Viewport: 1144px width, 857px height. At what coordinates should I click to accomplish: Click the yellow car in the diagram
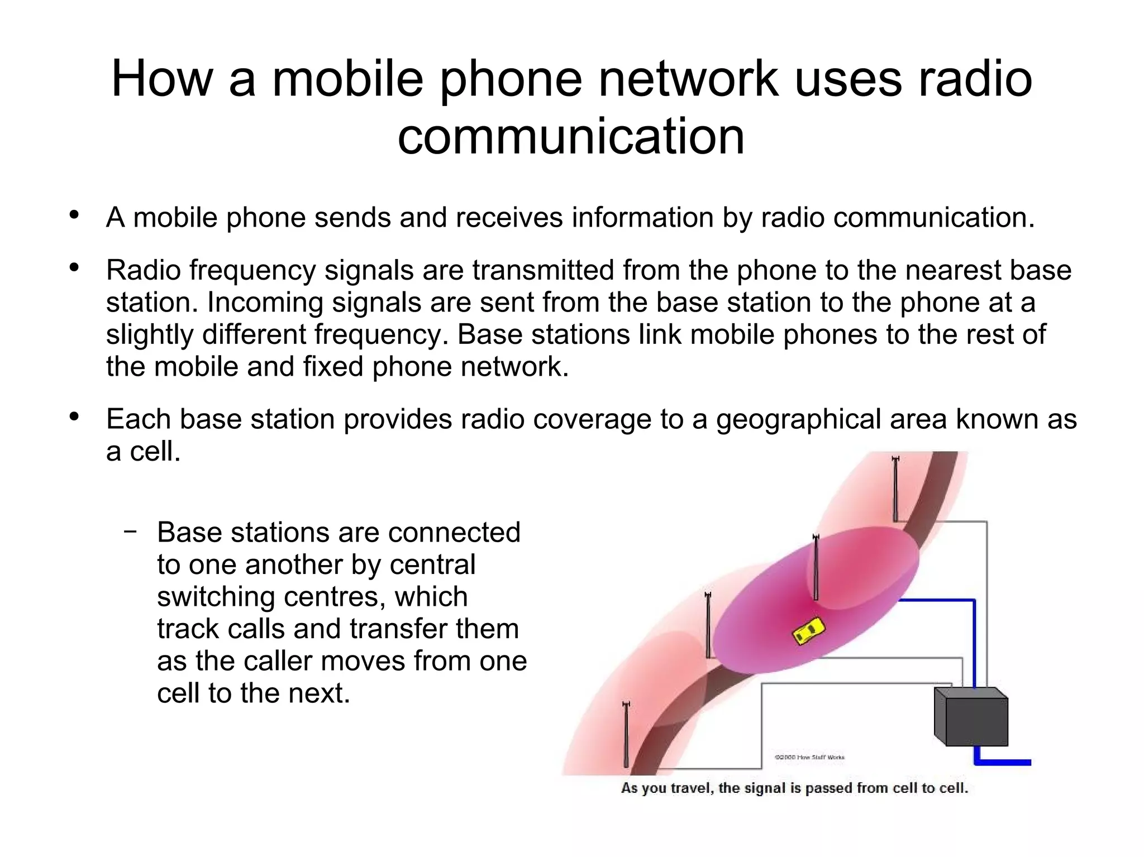pos(809,630)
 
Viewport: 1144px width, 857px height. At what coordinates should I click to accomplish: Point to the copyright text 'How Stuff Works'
pos(809,758)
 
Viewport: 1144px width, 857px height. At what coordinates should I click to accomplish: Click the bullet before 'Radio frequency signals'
pos(74,268)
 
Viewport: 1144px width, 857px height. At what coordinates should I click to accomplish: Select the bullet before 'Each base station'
pos(74,417)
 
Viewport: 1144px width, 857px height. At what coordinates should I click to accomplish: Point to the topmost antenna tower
pos(895,489)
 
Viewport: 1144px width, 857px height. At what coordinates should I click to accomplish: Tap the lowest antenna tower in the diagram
pos(626,734)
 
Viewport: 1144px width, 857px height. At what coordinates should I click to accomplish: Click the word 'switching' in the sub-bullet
pos(215,597)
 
